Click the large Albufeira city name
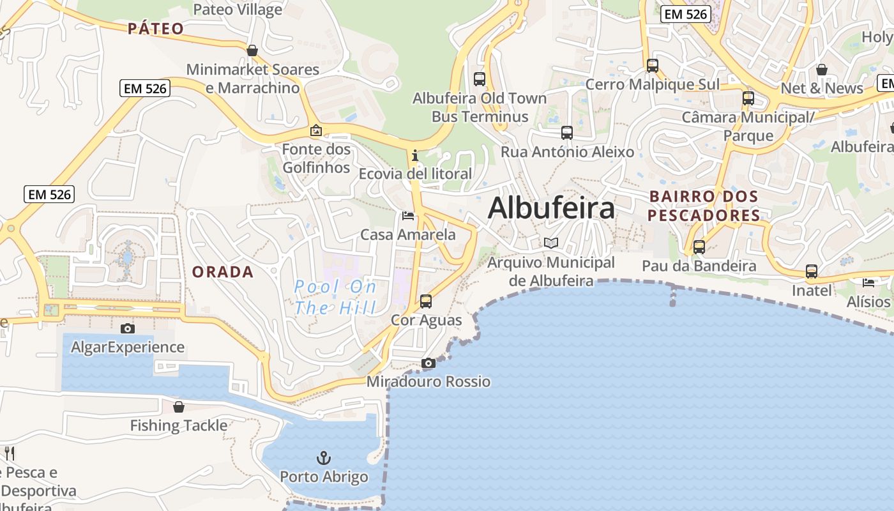click(x=551, y=208)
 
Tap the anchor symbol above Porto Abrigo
click(x=324, y=457)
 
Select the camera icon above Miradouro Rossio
click(x=428, y=363)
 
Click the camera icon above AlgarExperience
click(x=128, y=328)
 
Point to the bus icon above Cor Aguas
click(x=426, y=301)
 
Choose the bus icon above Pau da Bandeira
click(x=699, y=247)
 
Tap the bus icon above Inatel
click(x=812, y=271)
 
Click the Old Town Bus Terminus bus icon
click(x=480, y=79)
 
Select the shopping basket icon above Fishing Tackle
click(x=179, y=407)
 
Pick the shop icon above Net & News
click(x=822, y=70)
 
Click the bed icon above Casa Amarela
click(x=408, y=216)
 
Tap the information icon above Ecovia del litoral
click(x=415, y=155)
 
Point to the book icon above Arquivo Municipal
click(x=550, y=243)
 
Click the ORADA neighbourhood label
click(x=223, y=272)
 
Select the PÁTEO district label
click(x=156, y=29)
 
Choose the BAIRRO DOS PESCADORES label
click(x=704, y=206)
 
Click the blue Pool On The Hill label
click(x=335, y=297)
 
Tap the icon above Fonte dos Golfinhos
click(x=315, y=130)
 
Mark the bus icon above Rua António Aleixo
click(x=567, y=133)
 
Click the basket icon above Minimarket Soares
click(x=252, y=50)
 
